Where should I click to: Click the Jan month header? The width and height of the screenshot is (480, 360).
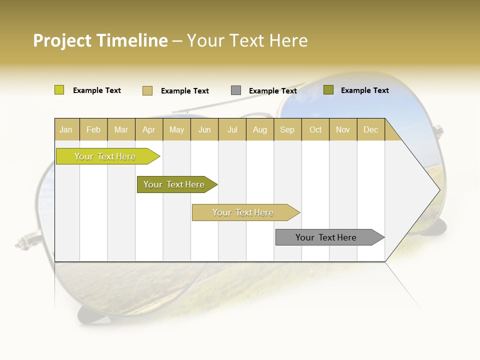click(x=66, y=129)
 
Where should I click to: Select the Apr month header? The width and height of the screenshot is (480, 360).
click(x=148, y=129)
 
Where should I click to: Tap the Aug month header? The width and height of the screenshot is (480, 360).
click(x=259, y=129)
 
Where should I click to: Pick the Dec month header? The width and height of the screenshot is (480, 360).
click(x=370, y=129)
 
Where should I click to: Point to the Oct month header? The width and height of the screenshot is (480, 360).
click(x=315, y=129)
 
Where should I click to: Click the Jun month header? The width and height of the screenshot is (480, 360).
click(x=204, y=129)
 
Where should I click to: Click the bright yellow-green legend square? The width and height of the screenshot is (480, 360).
click(x=59, y=90)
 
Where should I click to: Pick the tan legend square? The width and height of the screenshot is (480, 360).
click(x=147, y=90)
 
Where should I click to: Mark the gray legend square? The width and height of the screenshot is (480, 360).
click(x=235, y=90)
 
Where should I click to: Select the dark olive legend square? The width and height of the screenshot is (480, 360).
click(x=328, y=90)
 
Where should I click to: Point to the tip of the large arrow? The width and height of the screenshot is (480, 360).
click(x=438, y=190)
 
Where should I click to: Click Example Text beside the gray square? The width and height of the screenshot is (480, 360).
click(x=272, y=91)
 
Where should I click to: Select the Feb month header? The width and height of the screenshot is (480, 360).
click(x=93, y=129)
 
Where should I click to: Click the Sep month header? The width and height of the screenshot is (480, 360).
click(x=287, y=129)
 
